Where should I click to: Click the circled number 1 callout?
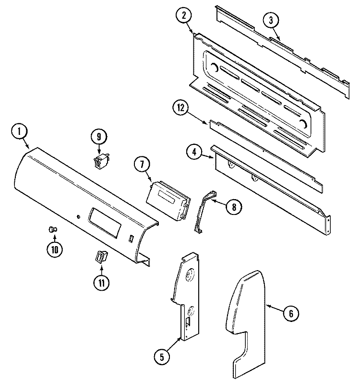point(19,132)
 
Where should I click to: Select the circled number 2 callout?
point(184,15)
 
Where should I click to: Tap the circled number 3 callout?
point(271,21)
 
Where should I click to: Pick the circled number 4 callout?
point(194,153)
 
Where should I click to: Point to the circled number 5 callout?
point(162,357)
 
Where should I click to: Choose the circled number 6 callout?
point(291,313)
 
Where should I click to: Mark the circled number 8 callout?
point(234,207)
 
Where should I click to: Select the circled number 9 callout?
point(99,137)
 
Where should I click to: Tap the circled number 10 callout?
point(55,249)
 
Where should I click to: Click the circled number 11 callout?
point(101,283)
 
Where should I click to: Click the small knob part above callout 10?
point(52,229)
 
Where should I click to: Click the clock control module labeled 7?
point(168,200)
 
